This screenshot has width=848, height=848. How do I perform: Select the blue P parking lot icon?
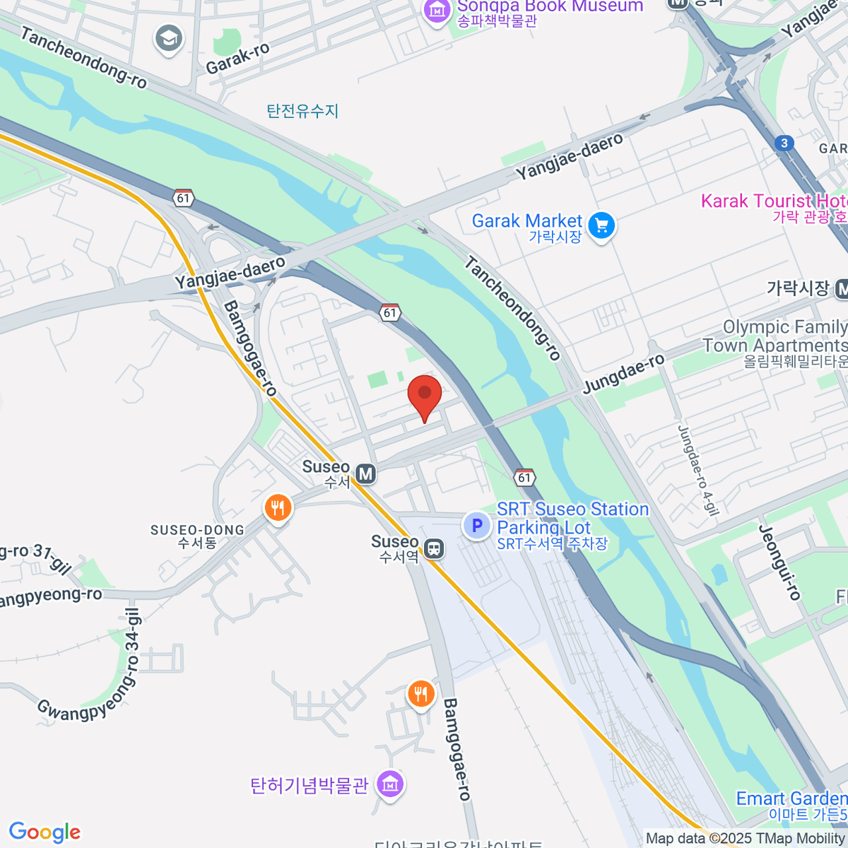pyautogui.click(x=477, y=526)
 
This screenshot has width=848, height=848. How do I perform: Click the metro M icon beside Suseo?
pyautogui.click(x=365, y=473)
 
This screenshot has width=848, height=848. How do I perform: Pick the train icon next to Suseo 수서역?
pyautogui.click(x=434, y=548)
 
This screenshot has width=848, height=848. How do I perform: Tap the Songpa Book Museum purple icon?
pyautogui.click(x=437, y=11)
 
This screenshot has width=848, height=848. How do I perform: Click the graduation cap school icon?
pyautogui.click(x=168, y=40)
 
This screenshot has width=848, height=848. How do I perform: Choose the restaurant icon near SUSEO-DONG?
pyautogui.click(x=278, y=507)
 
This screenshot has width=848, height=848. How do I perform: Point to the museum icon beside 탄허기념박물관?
pyautogui.click(x=389, y=784)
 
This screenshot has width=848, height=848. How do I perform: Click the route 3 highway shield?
pyautogui.click(x=784, y=143)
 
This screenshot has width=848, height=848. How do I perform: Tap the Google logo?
pyautogui.click(x=45, y=832)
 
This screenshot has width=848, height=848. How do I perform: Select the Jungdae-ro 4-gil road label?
pyautogui.click(x=697, y=470)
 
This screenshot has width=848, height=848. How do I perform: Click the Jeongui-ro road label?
pyautogui.click(x=779, y=563)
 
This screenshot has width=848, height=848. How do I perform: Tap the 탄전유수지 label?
pyautogui.click(x=302, y=111)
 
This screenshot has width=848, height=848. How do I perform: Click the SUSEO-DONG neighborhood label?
pyautogui.click(x=197, y=536)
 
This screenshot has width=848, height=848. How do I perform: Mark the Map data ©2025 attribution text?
pyautogui.click(x=746, y=839)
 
